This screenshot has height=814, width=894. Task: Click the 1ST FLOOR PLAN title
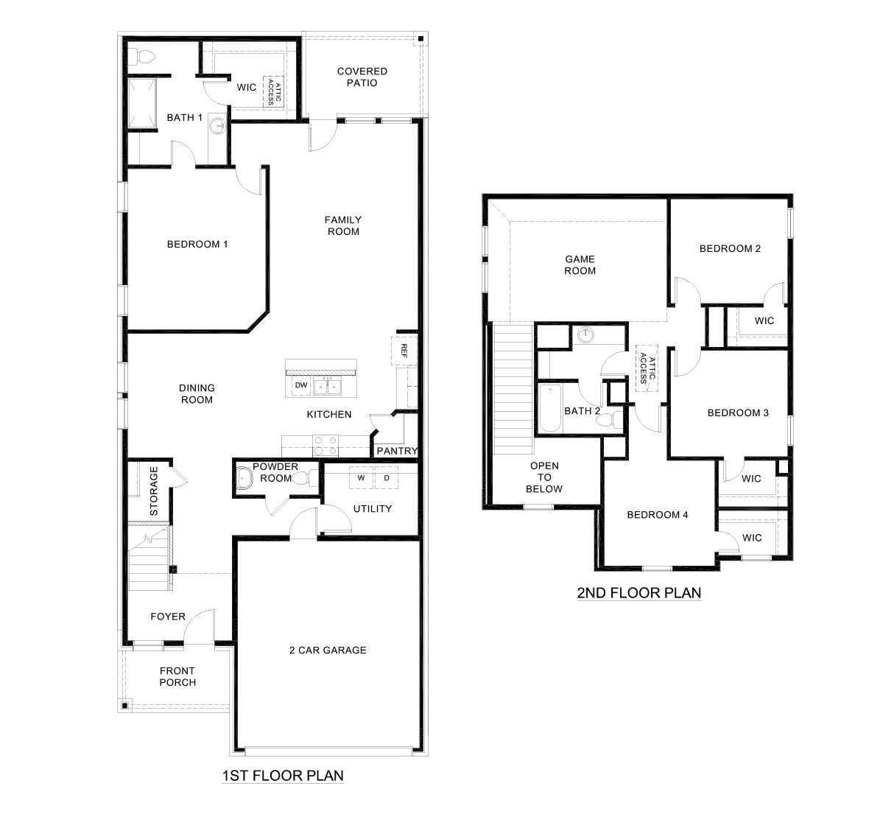point(283,775)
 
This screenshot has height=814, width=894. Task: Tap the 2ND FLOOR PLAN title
point(639,592)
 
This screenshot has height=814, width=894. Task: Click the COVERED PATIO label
point(362,77)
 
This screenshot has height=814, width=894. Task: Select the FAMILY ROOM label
point(343,225)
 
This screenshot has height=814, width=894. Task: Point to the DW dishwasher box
point(301,385)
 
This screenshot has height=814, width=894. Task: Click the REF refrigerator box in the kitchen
point(404,349)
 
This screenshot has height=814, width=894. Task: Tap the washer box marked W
point(362,478)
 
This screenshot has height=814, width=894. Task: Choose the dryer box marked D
point(387,478)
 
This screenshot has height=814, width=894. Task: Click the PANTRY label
point(397,451)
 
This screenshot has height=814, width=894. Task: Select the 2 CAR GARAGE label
point(328,650)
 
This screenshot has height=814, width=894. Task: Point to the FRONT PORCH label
point(177,676)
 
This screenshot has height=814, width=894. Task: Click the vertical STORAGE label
point(154,490)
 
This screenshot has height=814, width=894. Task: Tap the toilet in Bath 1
point(145,56)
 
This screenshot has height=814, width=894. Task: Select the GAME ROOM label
point(580,265)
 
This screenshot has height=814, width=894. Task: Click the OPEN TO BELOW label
point(544,477)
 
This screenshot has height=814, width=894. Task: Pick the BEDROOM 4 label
point(657,515)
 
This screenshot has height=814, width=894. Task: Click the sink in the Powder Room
point(244,478)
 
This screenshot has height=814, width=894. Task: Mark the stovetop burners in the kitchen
point(326,445)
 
